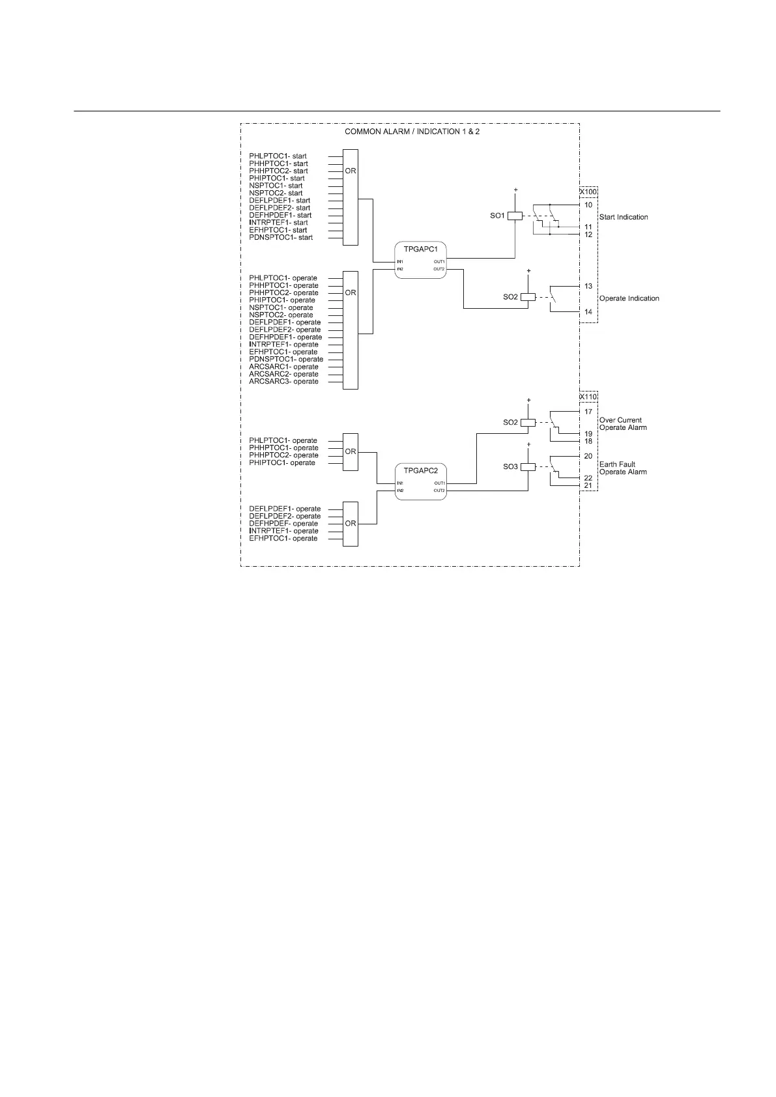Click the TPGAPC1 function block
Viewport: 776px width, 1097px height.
(x=420, y=260)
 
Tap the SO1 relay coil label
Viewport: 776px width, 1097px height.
(x=497, y=216)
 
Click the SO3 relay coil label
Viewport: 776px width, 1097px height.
(x=510, y=467)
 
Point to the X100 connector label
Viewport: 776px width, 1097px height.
(x=588, y=193)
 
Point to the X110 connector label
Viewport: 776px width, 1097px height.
(x=588, y=397)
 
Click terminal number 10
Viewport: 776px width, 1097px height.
(x=588, y=205)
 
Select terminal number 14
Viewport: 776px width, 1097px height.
(x=588, y=313)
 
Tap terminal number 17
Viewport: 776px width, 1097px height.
(x=588, y=412)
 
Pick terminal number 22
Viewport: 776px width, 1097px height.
(x=588, y=478)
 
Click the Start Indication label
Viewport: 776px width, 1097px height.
(x=624, y=217)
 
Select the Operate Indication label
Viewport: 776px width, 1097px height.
(x=629, y=298)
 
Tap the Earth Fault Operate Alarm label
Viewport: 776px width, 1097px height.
(x=623, y=468)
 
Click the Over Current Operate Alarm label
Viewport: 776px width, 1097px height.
(x=623, y=424)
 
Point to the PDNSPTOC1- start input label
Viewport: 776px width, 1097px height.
(x=281, y=238)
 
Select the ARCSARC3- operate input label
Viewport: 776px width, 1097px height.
(x=283, y=382)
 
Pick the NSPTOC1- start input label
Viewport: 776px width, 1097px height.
(x=276, y=186)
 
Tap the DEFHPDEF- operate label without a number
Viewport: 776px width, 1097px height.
(x=283, y=524)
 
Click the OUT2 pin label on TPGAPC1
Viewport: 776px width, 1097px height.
(x=439, y=269)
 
